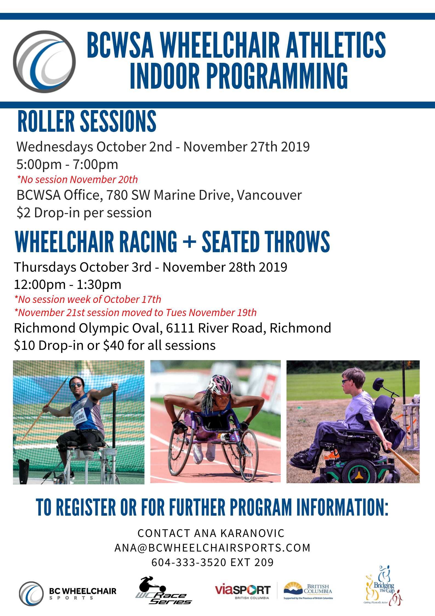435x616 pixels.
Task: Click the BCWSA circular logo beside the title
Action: [44, 62]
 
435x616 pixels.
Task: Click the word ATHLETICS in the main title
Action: [336, 45]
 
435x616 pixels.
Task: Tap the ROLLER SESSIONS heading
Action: [87, 121]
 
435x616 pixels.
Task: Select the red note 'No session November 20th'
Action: [77, 179]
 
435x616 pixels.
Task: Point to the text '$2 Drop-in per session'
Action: [84, 213]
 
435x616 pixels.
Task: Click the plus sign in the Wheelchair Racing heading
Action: [189, 242]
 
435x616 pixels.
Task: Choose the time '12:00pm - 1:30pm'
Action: [68, 284]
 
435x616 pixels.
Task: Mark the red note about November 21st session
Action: [135, 313]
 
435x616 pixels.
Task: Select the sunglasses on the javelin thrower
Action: [76, 385]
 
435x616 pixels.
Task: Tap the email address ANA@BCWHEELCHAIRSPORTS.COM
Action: [212, 548]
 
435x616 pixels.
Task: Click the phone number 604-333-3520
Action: [189, 562]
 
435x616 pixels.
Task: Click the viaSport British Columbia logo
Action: [243, 591]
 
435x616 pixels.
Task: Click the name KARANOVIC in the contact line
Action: [252, 533]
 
